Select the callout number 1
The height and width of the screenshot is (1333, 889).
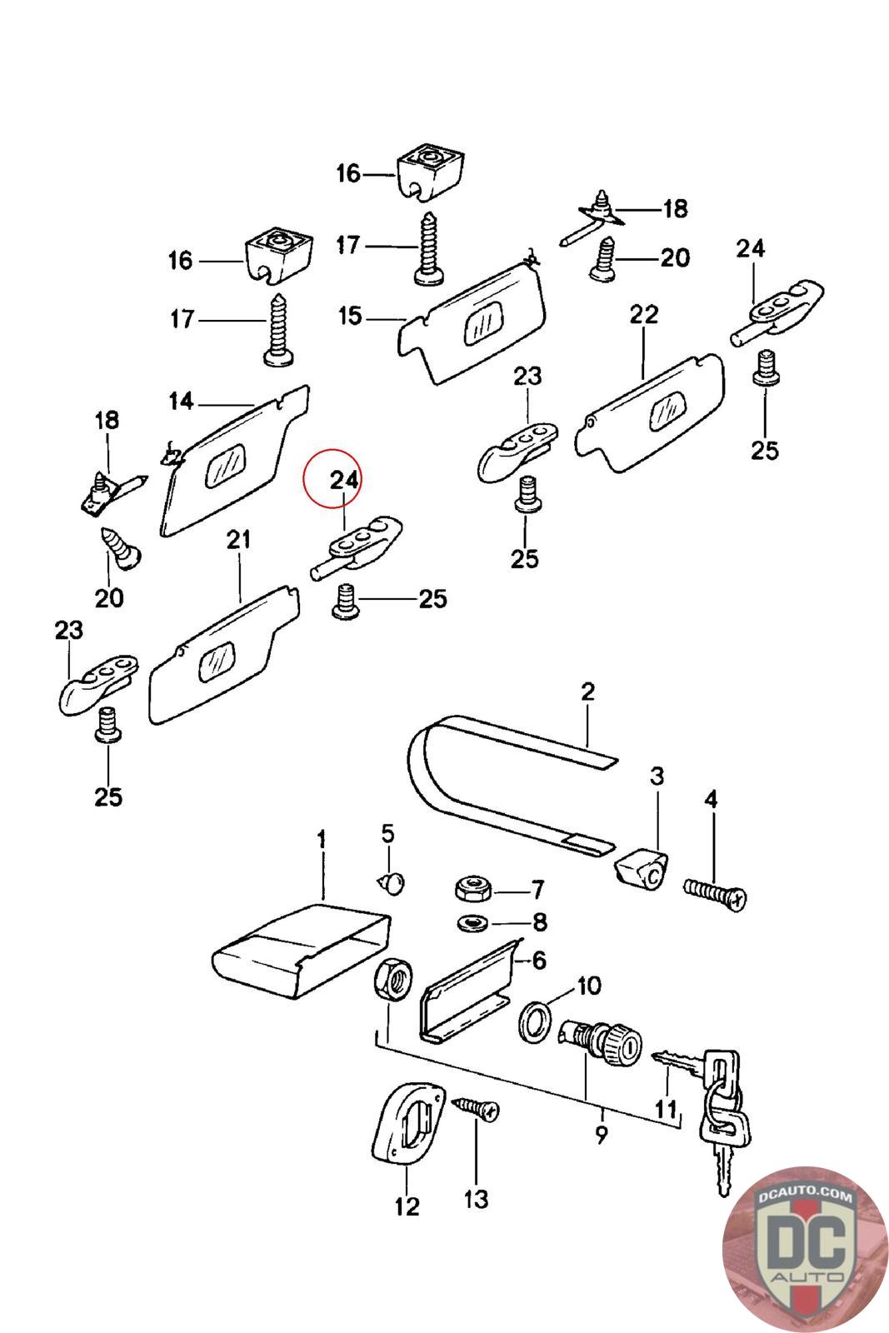(322, 838)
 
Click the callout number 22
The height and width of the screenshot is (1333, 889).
(643, 315)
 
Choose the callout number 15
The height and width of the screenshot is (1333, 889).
(350, 317)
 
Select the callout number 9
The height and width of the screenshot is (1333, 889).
(602, 1135)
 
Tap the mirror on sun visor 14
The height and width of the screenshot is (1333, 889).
(226, 465)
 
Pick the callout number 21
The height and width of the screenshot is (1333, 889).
(239, 541)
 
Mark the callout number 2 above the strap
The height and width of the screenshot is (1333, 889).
(588, 691)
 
